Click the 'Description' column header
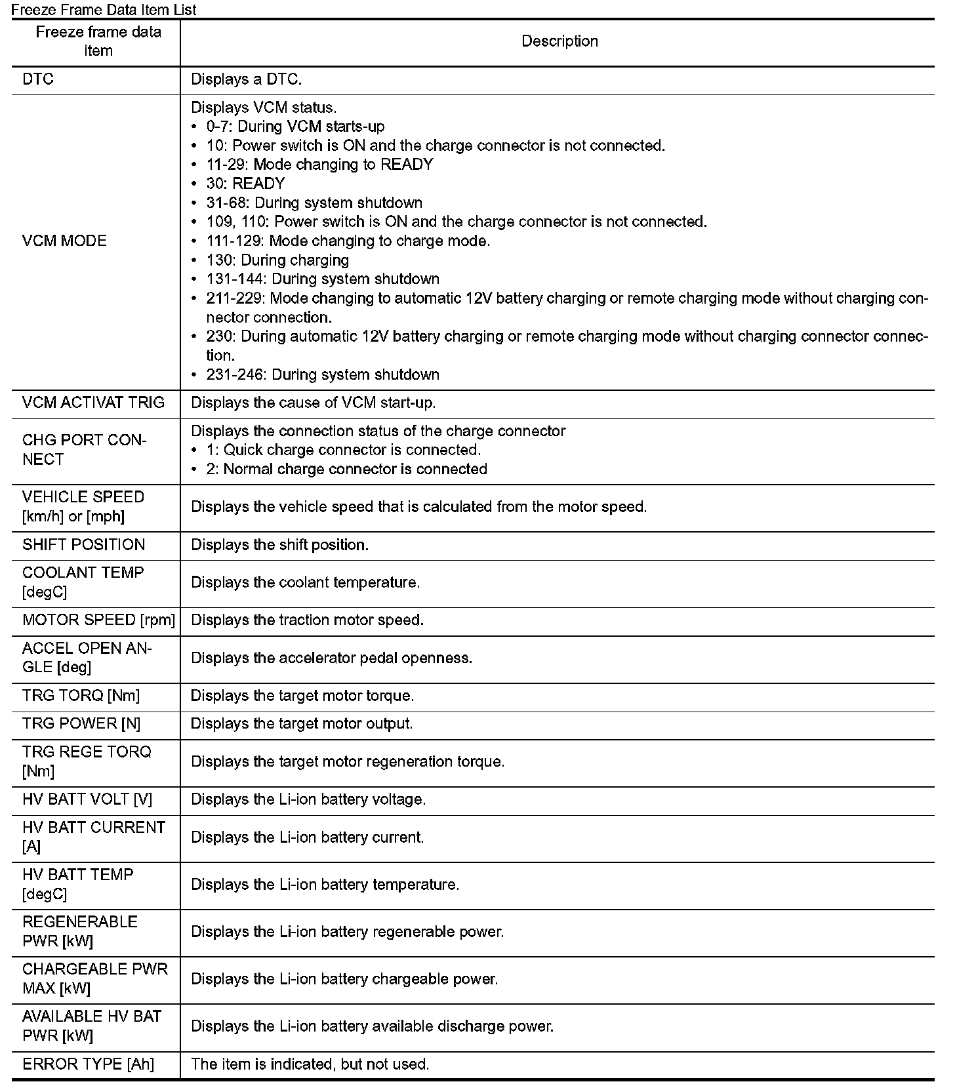coord(559,41)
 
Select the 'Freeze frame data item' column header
coord(98,41)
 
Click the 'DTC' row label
coord(38,79)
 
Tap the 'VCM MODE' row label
coord(64,241)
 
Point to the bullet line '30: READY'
coord(245,184)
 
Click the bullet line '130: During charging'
coord(277,260)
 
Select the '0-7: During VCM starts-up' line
coord(295,127)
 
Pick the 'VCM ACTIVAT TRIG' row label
coord(93,403)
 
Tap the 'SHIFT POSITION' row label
coord(83,545)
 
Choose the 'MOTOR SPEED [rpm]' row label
coord(98,620)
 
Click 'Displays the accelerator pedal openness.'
coord(331,658)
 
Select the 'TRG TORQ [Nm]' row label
coord(81,696)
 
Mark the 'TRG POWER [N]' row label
coord(81,724)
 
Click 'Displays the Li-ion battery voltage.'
coord(308,799)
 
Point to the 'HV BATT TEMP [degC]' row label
coord(77,884)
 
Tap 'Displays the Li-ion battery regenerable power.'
coord(347,932)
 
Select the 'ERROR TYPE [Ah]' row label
coord(88,1064)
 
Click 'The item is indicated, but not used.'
coord(310,1064)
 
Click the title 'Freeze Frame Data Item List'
coord(104,9)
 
